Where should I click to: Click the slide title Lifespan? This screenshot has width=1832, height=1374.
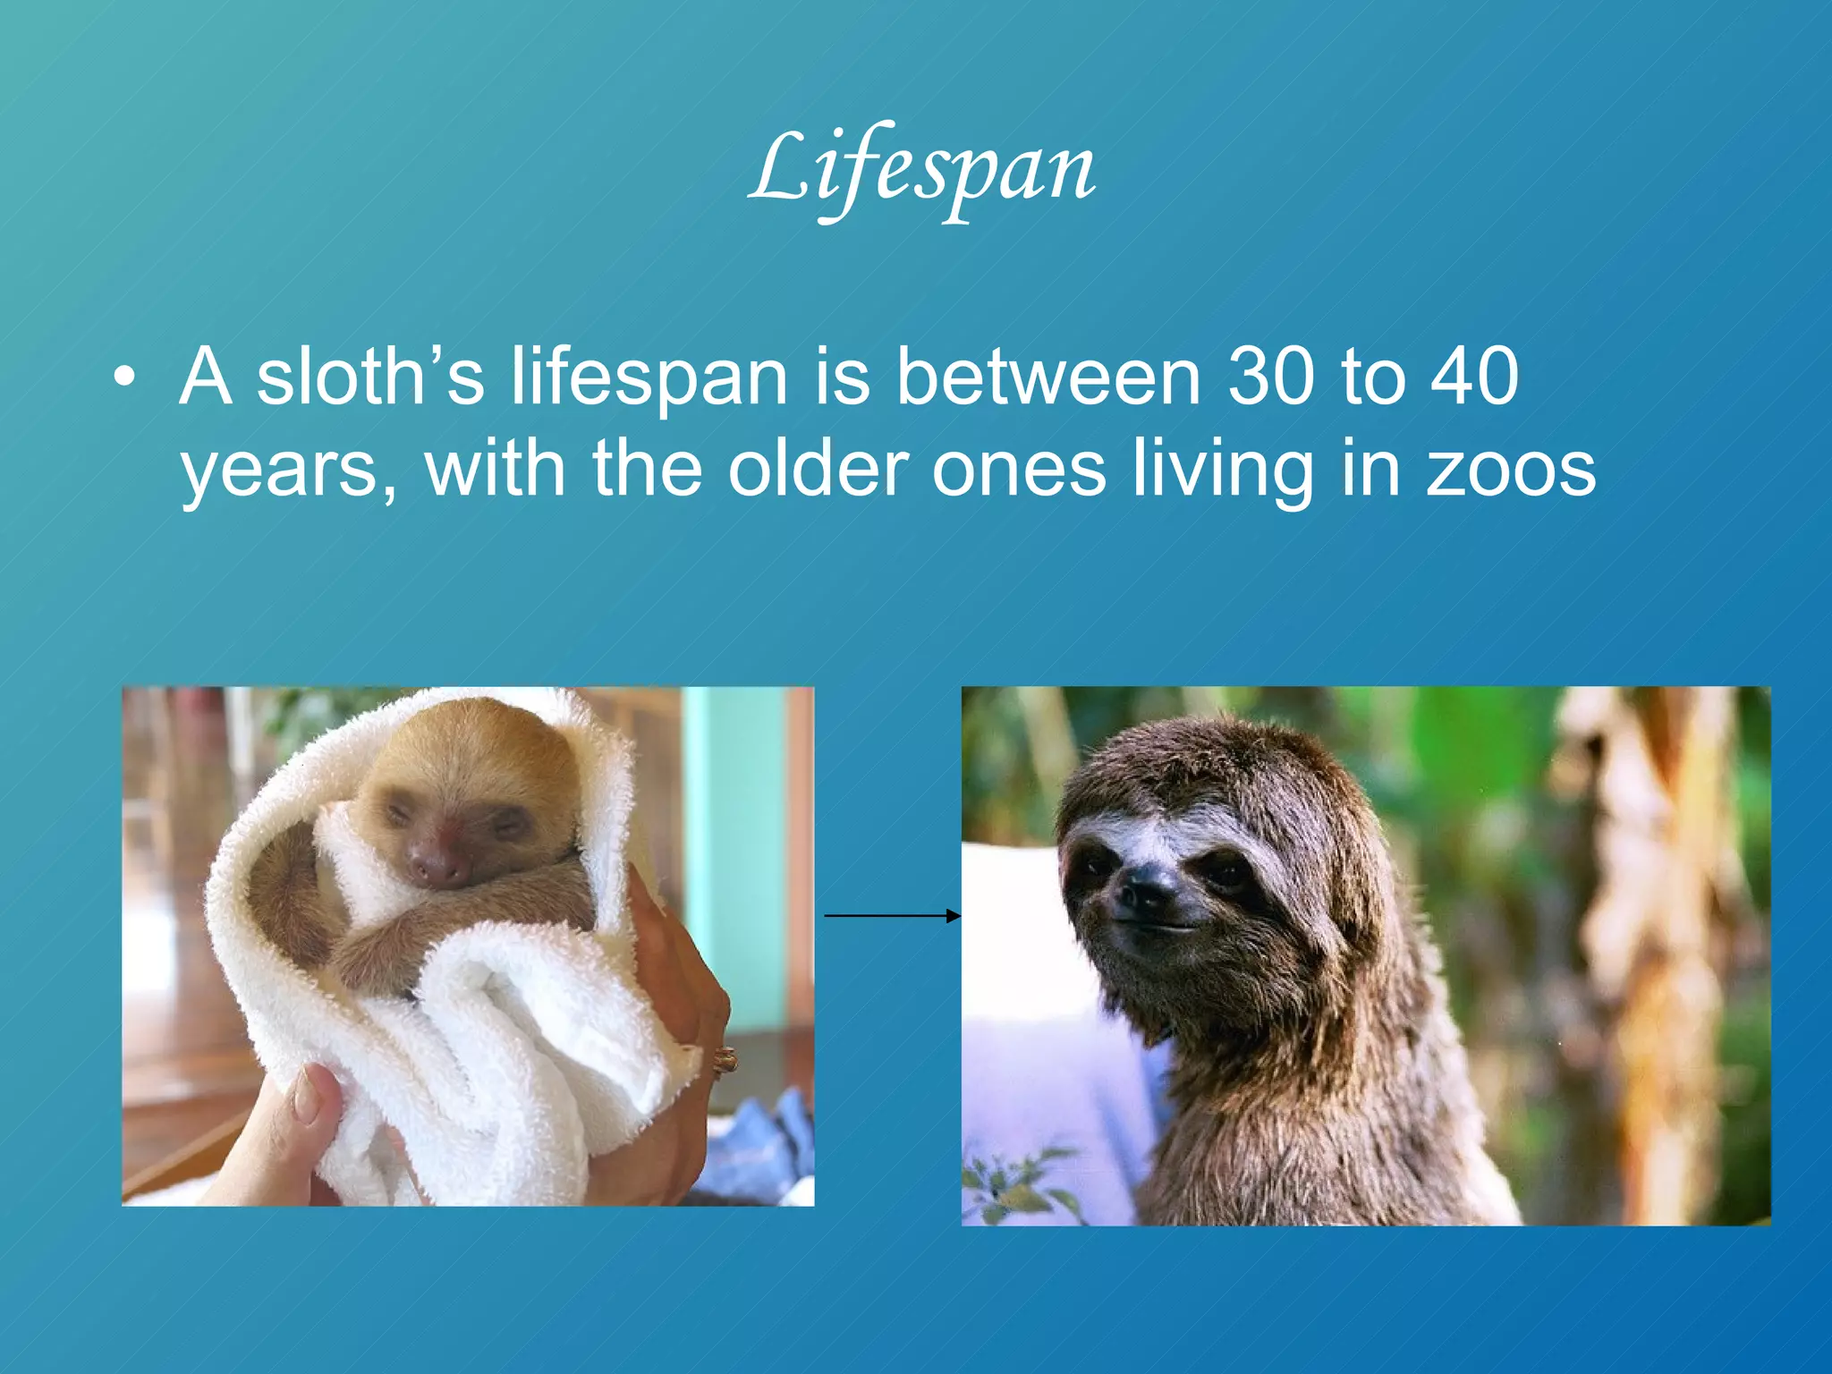pos(921,170)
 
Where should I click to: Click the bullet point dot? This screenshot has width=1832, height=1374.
pos(125,377)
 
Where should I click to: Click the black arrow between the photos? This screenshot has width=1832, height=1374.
pos(891,915)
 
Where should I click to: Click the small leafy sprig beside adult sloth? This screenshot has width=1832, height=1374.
pos(1020,1181)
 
